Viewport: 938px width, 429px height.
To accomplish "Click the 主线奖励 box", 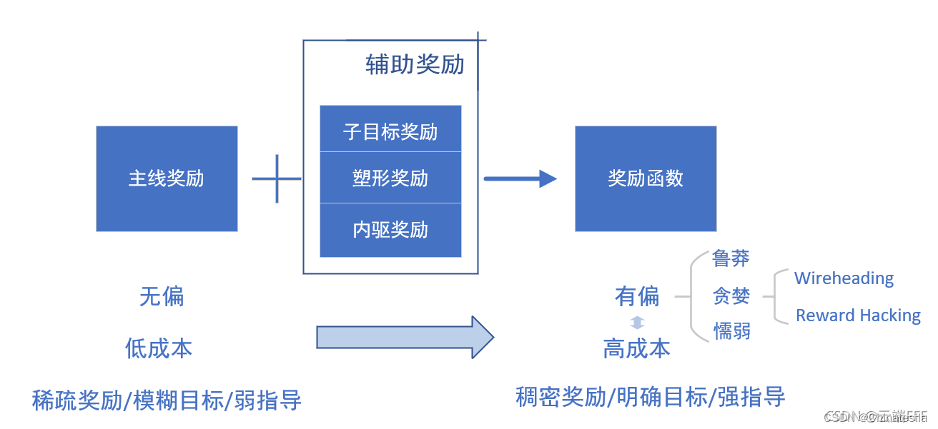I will (167, 178).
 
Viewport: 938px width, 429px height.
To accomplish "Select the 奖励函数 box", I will (646, 178).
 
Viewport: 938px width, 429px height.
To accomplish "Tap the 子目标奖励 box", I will (390, 131).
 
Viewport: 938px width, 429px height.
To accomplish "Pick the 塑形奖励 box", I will (390, 178).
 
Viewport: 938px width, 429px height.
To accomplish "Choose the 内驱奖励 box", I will (390, 230).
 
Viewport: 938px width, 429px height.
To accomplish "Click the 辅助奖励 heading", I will (415, 65).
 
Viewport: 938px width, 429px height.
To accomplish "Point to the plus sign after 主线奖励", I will (277, 178).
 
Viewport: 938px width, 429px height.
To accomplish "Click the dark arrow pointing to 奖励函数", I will (520, 178).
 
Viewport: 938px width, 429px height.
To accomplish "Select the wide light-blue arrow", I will (405, 337).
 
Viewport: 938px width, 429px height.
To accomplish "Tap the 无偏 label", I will (162, 296).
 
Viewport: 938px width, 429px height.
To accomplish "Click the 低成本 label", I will (159, 348).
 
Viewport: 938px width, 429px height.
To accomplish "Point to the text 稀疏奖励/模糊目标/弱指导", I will (167, 400).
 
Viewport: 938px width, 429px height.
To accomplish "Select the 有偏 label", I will (637, 296).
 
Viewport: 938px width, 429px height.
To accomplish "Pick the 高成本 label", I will (637, 348).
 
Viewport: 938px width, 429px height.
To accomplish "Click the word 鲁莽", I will (731, 258).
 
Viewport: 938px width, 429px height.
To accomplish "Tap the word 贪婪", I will (731, 296).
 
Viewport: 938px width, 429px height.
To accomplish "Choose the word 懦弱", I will (731, 331).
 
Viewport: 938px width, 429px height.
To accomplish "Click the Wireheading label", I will (844, 278).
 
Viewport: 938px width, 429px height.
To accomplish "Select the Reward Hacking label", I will (858, 316).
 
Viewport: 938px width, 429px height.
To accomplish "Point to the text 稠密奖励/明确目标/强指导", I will (651, 397).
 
